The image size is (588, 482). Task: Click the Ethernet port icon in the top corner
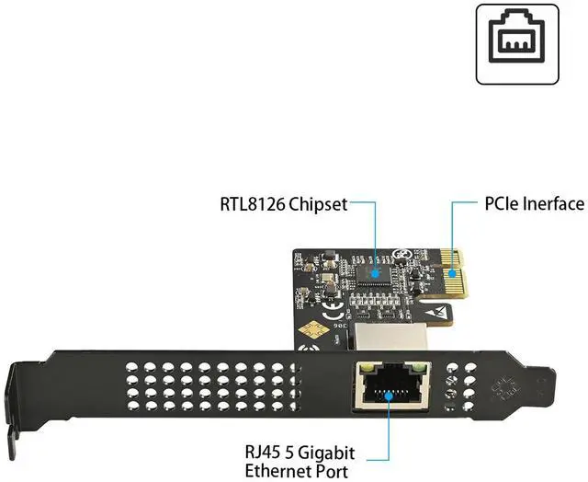tap(517, 42)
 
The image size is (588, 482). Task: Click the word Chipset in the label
tap(318, 203)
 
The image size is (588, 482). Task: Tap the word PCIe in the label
tap(503, 203)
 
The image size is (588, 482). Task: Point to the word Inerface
tap(555, 203)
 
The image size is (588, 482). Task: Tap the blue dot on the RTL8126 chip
tap(376, 271)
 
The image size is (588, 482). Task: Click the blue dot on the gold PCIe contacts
tap(452, 271)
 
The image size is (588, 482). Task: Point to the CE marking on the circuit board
tap(311, 305)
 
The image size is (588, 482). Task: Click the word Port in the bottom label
tap(332, 472)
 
